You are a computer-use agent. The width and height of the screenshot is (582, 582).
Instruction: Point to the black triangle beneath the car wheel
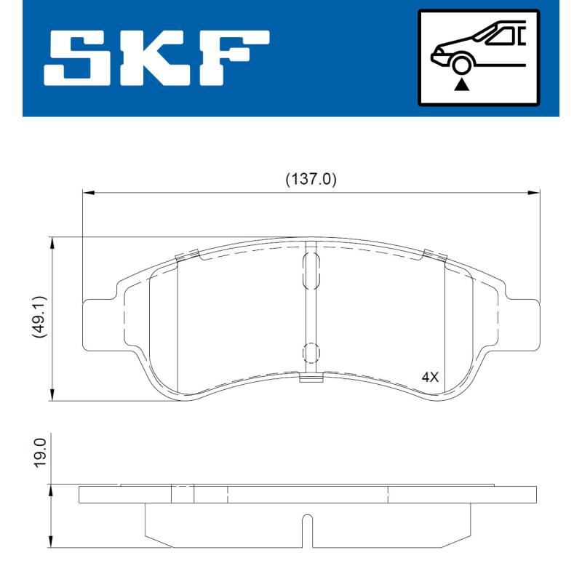(x=461, y=85)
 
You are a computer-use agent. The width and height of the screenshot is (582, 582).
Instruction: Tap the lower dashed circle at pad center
(x=311, y=353)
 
